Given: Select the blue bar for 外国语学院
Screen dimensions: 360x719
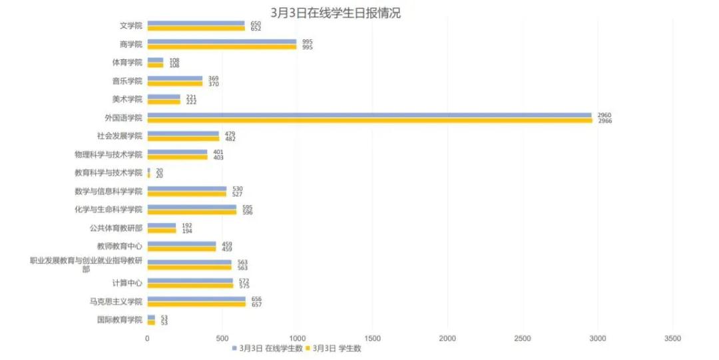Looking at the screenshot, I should (369, 115).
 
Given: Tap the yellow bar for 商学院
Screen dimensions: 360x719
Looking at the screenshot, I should (222, 47).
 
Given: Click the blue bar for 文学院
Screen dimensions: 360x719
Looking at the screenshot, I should (196, 23).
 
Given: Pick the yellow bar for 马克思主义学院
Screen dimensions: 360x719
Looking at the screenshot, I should (196, 304).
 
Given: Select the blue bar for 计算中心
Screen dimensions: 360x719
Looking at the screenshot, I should (190, 281).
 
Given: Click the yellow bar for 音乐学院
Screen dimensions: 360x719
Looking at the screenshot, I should (175, 84).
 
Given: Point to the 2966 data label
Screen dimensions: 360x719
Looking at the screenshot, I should (604, 121).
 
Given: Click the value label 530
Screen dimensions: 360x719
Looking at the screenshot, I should (237, 189).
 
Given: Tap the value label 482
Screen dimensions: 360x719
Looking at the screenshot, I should (230, 139).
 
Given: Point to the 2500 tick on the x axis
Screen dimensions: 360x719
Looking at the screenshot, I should (523, 339).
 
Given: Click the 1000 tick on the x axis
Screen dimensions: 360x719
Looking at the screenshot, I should (297, 339).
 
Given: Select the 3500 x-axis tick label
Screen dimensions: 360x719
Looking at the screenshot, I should (673, 339).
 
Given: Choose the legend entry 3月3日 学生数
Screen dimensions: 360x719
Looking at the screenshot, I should (337, 348).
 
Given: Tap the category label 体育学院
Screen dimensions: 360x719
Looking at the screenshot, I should (127, 63).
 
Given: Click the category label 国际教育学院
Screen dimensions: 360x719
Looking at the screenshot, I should (120, 319).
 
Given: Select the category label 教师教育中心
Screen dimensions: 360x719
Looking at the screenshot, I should (120, 246).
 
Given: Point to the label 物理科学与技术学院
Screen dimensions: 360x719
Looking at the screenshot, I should (109, 154).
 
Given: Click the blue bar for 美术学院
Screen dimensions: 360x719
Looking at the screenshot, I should (164, 96).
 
